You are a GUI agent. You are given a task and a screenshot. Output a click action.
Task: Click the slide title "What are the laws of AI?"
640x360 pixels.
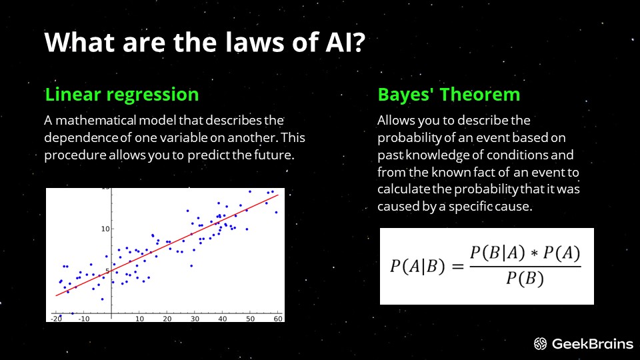(x=205, y=42)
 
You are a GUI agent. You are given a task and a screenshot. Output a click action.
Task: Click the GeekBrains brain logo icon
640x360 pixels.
(x=541, y=344)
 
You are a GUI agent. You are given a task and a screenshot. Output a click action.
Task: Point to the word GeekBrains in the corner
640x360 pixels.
(x=592, y=344)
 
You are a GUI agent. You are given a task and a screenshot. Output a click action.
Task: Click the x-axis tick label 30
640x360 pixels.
(x=195, y=319)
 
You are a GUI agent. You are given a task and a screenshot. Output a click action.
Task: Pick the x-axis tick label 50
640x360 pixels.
(x=250, y=319)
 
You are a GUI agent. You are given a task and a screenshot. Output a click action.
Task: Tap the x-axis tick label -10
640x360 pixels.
(x=84, y=319)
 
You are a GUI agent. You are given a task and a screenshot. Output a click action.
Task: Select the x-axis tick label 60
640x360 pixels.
(x=278, y=319)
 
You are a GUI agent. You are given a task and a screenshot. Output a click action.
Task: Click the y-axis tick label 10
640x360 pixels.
(x=105, y=229)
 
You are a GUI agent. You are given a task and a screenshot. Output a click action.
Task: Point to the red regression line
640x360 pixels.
(x=167, y=245)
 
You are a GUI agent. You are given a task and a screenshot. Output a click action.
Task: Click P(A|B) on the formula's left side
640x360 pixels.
(x=417, y=267)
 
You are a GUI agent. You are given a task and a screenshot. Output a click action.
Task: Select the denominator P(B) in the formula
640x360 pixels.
(x=525, y=279)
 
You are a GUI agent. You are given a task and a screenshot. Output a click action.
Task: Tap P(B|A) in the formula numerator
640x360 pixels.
(x=497, y=253)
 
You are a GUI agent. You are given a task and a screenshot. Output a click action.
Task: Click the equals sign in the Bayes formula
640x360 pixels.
(x=458, y=267)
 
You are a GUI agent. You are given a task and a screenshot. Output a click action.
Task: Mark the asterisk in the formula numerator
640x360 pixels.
(x=534, y=253)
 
